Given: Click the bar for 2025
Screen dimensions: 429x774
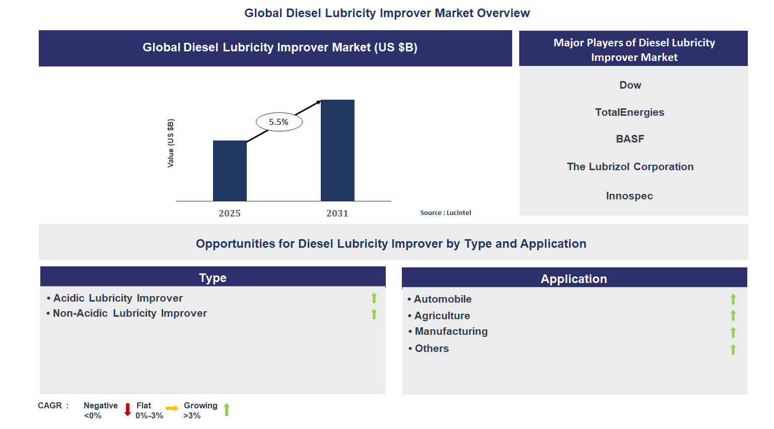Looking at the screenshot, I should tap(230, 171).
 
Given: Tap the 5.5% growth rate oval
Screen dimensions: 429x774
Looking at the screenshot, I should tap(279, 122).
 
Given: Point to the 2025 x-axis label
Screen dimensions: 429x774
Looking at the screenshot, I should tap(230, 213).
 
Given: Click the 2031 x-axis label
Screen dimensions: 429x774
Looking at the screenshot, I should tap(337, 213).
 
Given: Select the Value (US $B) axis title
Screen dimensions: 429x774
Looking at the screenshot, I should tap(171, 144).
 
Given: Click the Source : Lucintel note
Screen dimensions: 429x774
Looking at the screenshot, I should tap(446, 213).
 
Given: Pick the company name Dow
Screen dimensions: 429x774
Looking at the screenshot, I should tap(630, 85).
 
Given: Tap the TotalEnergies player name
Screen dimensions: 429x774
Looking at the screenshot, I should tap(629, 112).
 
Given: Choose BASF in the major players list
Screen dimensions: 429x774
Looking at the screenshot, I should tap(630, 139).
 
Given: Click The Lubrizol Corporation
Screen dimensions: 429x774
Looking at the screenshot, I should tap(630, 167).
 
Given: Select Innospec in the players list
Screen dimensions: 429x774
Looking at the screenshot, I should tap(629, 196).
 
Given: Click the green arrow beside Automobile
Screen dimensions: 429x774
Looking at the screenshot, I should tap(733, 300).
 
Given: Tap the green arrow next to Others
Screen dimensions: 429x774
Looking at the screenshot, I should tap(733, 349).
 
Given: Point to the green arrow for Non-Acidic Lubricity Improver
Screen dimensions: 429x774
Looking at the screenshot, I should tap(374, 314).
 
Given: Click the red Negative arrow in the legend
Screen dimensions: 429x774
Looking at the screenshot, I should tap(127, 410).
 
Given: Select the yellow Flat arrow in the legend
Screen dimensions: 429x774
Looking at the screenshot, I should tap(172, 408).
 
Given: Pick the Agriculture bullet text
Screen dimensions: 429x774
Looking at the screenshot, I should tap(442, 316).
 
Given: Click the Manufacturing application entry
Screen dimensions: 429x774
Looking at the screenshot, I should tap(451, 331).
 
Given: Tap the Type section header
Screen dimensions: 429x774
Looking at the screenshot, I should tap(213, 278).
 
